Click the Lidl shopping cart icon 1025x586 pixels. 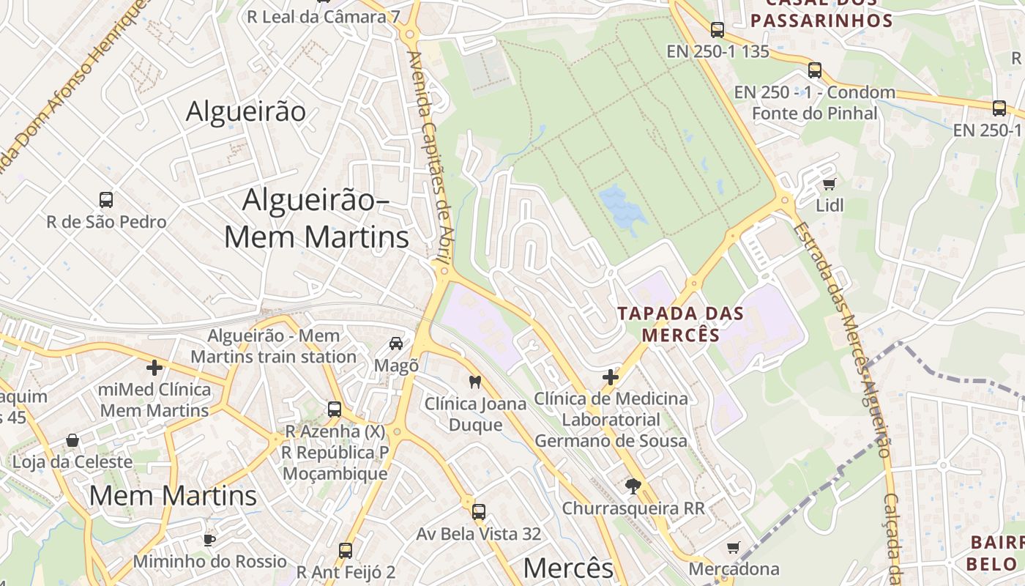[829, 184]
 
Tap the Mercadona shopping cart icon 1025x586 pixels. [734, 547]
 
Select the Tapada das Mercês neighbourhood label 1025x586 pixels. [680, 324]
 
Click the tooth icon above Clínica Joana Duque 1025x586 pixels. [474, 382]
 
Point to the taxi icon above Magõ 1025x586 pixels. [396, 343]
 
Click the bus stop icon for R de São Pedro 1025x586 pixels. [106, 199]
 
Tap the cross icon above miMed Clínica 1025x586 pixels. [154, 367]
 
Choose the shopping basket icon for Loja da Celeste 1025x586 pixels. [72, 440]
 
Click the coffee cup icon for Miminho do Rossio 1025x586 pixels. [209, 540]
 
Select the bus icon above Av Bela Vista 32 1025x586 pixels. [479, 511]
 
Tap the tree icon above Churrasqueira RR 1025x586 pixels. [633, 486]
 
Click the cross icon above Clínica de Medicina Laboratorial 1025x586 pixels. [611, 377]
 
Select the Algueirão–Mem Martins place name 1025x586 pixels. [316, 218]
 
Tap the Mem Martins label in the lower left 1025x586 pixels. [173, 496]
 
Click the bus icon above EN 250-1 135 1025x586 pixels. [717, 30]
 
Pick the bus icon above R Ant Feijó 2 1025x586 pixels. [346, 550]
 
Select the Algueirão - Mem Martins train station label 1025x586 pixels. [274, 346]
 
